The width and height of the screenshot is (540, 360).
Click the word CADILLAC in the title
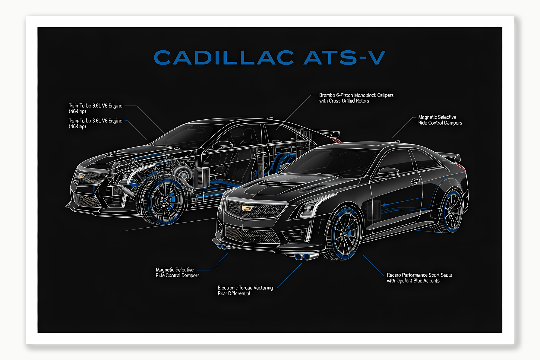point(224,58)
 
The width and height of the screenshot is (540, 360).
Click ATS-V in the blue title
point(344,58)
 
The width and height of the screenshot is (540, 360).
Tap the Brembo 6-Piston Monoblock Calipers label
point(356,98)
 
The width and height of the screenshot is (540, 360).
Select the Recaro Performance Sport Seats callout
point(419,278)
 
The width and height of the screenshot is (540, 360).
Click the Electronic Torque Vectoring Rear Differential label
point(245,291)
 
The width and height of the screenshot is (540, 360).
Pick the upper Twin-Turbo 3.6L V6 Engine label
point(95,108)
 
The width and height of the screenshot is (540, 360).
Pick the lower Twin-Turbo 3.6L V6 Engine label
point(95,123)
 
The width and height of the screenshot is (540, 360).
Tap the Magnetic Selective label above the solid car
point(440,120)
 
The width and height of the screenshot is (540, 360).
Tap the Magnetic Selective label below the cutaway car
point(177,273)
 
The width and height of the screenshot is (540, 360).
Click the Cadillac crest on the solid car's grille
point(247,208)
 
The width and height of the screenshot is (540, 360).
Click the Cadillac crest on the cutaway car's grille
point(81,175)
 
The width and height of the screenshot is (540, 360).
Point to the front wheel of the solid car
point(345,233)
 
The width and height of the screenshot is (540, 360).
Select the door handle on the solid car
point(415,181)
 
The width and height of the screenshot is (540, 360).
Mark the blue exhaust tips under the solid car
point(303,257)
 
